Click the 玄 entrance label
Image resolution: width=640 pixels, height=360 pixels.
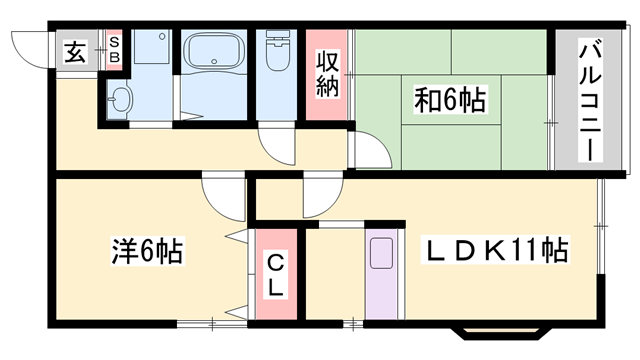tap(76, 52)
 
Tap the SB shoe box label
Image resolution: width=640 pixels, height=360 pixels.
tap(115, 49)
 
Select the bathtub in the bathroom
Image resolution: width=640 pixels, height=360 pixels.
tap(214, 51)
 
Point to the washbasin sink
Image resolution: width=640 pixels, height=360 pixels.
tap(120, 99)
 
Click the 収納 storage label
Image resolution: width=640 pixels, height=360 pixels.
tap(327, 75)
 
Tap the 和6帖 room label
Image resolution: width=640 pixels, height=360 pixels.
tap(451, 99)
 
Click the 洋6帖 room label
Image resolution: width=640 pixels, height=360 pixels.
tap(147, 250)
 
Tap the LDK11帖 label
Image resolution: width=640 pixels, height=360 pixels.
tap(495, 249)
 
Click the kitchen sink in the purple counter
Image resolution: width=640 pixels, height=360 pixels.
tap(382, 253)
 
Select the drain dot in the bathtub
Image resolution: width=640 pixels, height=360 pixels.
tap(214, 62)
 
